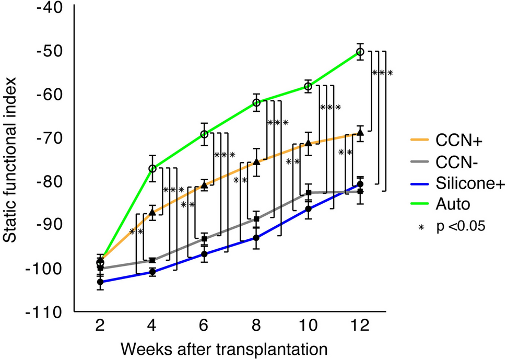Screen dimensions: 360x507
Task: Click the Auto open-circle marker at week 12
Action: coord(360,51)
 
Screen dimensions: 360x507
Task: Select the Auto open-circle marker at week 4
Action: coord(152,168)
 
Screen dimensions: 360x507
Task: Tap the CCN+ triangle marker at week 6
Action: coord(204,185)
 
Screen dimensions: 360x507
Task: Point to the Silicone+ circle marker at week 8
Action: coord(256,238)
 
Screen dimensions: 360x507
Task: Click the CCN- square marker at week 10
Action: coord(308,193)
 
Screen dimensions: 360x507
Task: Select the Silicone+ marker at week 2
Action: coord(100,282)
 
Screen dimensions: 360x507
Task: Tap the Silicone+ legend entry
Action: coord(459,183)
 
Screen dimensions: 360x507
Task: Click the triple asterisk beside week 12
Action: coord(382,73)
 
